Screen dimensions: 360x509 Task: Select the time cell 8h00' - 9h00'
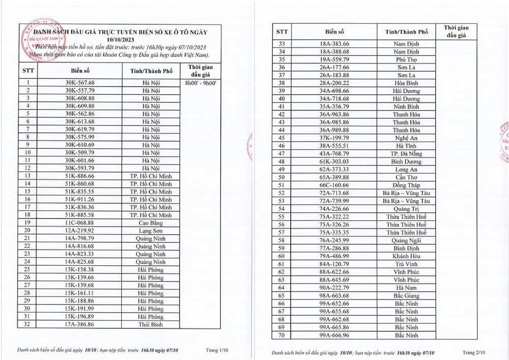pyautogui.click(x=200, y=82)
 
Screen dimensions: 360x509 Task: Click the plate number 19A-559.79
pyautogui.click(x=334, y=60)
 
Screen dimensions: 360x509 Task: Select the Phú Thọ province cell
pyautogui.click(x=406, y=60)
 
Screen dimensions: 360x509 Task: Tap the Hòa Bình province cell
pyautogui.click(x=406, y=83)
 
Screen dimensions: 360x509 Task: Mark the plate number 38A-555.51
pyautogui.click(x=334, y=146)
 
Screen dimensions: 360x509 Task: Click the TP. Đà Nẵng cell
pyautogui.click(x=406, y=154)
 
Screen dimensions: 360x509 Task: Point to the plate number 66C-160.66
pyautogui.click(x=334, y=185)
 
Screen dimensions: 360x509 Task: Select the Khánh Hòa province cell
pyautogui.click(x=406, y=256)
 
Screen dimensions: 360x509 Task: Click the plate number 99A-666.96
pyautogui.click(x=334, y=335)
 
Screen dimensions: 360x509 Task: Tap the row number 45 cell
pyautogui.click(x=281, y=138)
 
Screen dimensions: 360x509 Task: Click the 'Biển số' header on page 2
pyautogui.click(x=334, y=32)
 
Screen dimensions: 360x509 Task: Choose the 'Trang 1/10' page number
pyautogui.click(x=218, y=350)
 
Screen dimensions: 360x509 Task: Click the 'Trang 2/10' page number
pyautogui.click(x=474, y=352)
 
